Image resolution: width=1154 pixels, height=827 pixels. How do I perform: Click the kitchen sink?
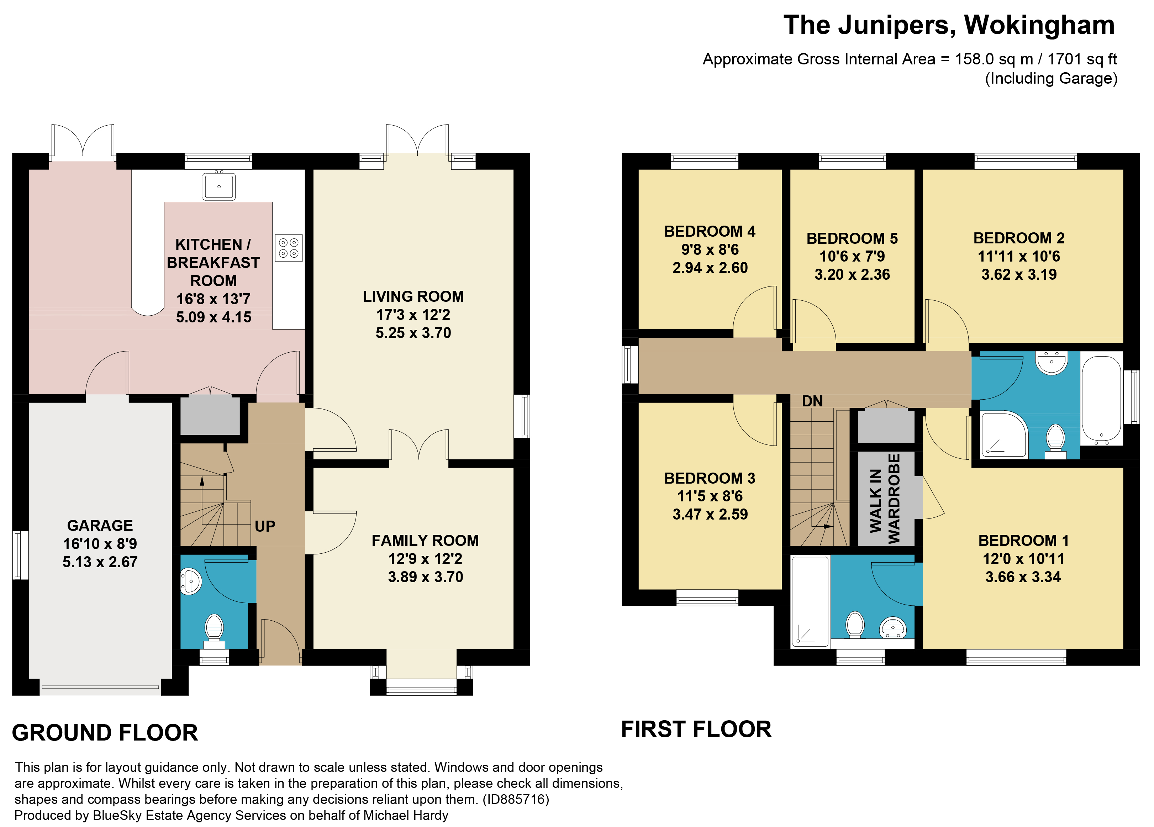(219, 186)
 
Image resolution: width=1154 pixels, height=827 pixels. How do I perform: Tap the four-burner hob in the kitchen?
(289, 248)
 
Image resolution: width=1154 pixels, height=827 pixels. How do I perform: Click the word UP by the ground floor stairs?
(265, 526)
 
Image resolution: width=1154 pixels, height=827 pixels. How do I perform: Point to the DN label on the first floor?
(812, 401)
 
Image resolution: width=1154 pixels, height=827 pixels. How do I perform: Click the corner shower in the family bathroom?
(1005, 434)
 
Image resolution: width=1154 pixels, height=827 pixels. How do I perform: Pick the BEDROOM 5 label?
(852, 238)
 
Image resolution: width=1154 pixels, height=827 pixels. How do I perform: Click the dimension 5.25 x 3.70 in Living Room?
(413, 333)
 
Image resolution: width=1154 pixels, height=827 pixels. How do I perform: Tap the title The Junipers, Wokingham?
(949, 25)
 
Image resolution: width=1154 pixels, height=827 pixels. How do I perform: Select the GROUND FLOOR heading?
(105, 733)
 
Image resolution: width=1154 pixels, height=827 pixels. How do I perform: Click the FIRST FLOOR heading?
(696, 729)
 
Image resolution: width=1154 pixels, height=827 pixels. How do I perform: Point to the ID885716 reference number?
(516, 799)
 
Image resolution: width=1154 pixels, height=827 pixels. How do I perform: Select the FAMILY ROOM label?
(425, 541)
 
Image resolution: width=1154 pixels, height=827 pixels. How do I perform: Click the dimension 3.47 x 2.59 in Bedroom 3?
(710, 514)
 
